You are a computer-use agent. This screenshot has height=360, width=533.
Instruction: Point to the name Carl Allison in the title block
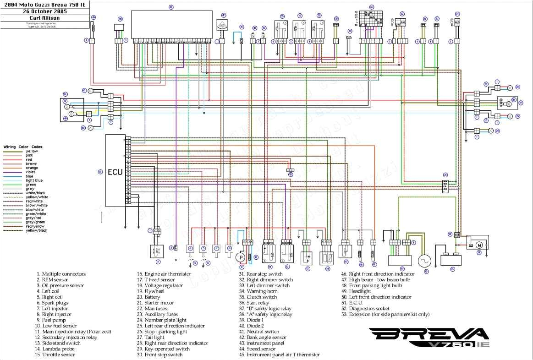click(44, 18)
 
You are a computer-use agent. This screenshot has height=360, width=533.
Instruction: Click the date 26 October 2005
click(44, 11)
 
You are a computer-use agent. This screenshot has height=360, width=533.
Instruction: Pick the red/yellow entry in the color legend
click(34, 226)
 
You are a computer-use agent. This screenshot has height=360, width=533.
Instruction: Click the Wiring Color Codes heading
click(23, 147)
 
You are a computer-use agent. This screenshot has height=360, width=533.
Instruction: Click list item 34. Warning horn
click(261, 291)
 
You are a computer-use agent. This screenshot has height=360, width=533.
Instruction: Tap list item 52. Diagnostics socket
click(365, 309)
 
